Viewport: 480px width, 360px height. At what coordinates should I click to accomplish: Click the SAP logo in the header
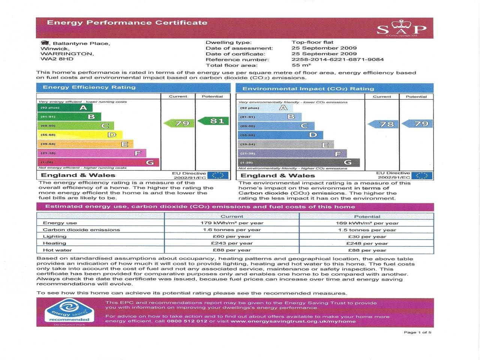(401, 28)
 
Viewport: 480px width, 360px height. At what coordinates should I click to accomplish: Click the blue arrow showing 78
(383, 124)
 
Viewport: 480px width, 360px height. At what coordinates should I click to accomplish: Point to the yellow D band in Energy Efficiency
(79, 135)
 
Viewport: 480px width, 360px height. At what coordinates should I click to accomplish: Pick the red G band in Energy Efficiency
(98, 162)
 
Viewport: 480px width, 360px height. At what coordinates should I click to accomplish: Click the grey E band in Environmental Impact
(286, 144)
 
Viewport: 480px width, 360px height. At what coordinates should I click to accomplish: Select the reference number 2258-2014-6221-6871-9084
(337, 59)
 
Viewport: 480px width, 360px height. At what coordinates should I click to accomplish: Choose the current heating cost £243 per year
(232, 243)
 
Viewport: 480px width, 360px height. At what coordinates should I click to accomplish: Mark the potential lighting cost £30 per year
(367, 237)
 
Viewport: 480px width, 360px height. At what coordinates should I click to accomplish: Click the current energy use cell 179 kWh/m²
(232, 223)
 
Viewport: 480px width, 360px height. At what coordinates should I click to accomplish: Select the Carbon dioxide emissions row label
(81, 230)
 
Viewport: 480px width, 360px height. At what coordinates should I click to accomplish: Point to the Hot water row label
(57, 250)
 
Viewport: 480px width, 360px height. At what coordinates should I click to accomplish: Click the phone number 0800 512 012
(187, 321)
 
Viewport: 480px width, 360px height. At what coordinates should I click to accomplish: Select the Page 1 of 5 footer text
(417, 332)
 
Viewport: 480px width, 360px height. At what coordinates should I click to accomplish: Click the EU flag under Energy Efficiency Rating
(218, 175)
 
